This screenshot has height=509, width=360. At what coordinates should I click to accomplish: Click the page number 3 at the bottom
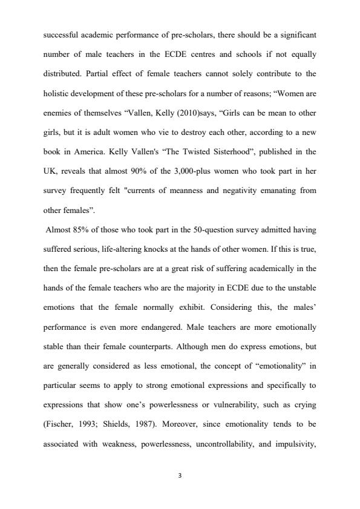click(180, 475)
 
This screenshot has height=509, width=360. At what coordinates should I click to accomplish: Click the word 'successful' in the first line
click(63, 36)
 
